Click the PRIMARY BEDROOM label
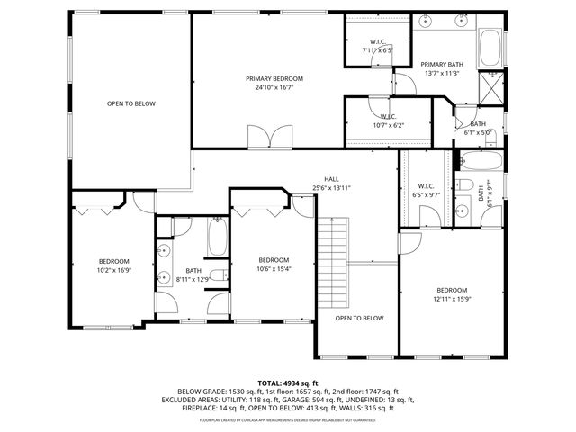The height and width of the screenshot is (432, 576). coord(274,79)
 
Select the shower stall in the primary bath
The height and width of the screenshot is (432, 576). coord(491,86)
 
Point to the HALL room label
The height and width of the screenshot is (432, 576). coord(331,179)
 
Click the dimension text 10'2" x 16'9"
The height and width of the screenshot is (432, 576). coord(113,269)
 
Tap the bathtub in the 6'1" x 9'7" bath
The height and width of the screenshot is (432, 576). coord(480,161)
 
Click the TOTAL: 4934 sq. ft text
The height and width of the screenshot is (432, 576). coord(287,382)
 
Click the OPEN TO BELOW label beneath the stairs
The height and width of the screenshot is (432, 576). coord(359,318)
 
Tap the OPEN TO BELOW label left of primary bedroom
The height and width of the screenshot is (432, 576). coord(131,104)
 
